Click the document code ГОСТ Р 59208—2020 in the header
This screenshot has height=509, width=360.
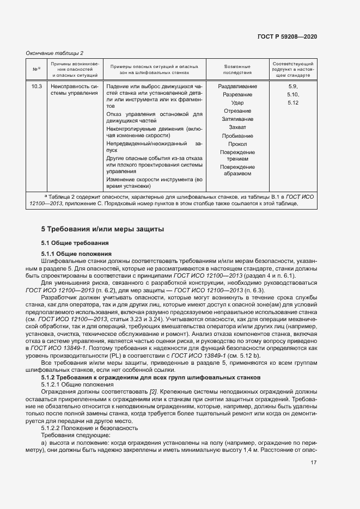pyautogui.click(x=287, y=36)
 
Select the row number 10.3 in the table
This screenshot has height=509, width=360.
pyautogui.click(x=36, y=87)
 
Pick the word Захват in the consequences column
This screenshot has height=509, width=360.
pyautogui.click(x=237, y=127)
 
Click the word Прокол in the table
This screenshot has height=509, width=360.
pyautogui.click(x=237, y=144)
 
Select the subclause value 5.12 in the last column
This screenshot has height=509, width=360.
pyautogui.click(x=293, y=103)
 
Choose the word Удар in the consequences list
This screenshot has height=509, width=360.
pyautogui.click(x=237, y=103)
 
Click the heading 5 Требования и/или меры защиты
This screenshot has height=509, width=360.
pyautogui.click(x=102, y=229)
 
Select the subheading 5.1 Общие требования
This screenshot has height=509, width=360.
pyautogui.click(x=75, y=243)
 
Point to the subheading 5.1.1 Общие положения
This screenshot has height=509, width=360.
pyautogui.click(x=76, y=254)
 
